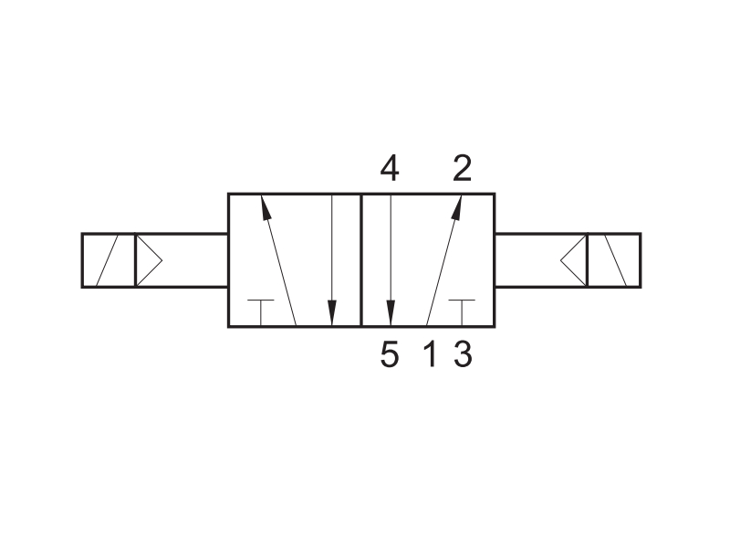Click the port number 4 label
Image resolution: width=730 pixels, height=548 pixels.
pos(390,168)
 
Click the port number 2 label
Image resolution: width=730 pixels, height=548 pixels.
pos(463,168)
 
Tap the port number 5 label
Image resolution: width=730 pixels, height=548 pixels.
pos(390,354)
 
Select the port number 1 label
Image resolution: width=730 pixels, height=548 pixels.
pos(431,354)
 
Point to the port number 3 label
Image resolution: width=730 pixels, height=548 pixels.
pos(463,354)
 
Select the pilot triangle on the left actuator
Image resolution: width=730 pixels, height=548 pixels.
pos(149,260)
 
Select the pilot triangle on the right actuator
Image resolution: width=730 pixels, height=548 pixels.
pos(574,260)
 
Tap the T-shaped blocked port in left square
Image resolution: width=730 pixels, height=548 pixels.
pos(261,311)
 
